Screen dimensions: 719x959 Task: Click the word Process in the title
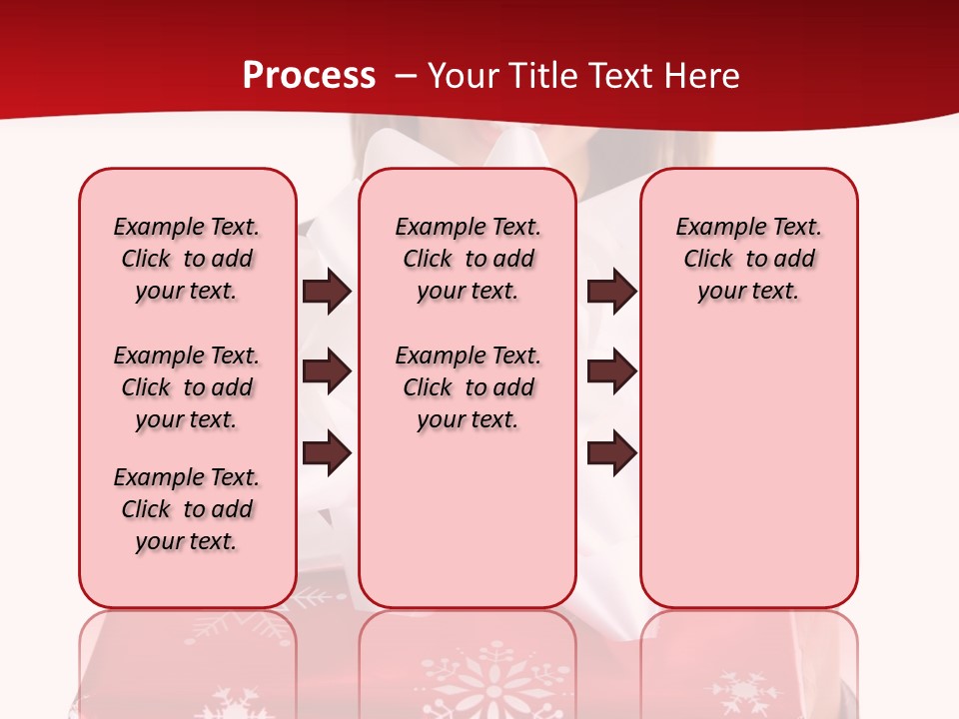point(309,75)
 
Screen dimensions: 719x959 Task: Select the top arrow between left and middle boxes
point(327,291)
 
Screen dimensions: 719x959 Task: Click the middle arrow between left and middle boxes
point(327,371)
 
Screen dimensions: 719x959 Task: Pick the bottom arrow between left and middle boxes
point(327,453)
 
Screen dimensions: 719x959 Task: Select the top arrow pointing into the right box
point(611,291)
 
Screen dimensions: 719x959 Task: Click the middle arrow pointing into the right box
point(611,371)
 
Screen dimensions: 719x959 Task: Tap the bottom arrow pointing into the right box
point(611,453)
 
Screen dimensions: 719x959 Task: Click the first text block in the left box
point(187,259)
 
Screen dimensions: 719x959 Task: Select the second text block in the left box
point(187,387)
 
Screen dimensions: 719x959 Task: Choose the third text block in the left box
point(187,509)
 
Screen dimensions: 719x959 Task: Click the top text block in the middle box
point(468,259)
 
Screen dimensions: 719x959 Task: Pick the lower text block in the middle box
point(468,387)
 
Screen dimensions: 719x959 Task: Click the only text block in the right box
point(748,259)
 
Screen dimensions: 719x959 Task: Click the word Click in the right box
point(708,259)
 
